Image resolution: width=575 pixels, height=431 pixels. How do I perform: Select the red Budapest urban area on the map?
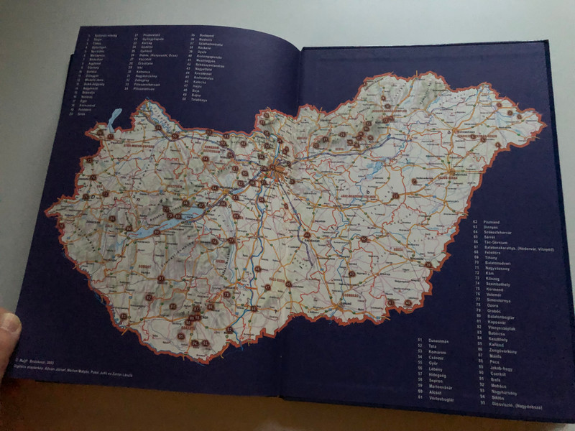click(275, 171)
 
